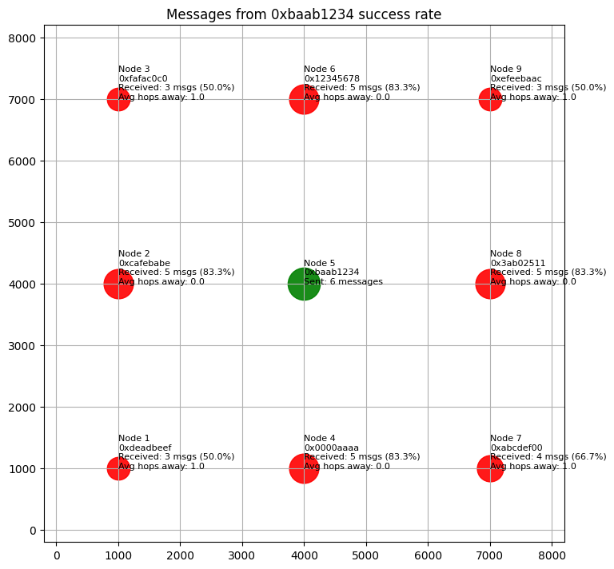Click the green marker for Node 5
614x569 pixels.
point(304,284)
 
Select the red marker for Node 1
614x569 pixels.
point(118,468)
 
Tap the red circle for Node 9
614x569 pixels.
point(490,99)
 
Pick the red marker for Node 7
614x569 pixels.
point(490,468)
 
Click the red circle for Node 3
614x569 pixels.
point(118,99)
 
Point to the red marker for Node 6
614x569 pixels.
point(304,99)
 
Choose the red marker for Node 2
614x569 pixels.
point(118,284)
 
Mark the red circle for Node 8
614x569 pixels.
point(490,284)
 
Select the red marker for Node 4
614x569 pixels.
point(304,468)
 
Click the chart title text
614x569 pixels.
point(304,14)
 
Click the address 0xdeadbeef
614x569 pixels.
point(145,448)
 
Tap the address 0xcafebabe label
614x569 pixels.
point(144,263)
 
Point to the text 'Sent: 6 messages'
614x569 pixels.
point(343,281)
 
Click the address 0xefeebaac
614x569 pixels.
point(516,78)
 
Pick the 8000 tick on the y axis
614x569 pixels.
point(26,38)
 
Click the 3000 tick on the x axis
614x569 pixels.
point(242,552)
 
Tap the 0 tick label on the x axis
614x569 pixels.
point(57,552)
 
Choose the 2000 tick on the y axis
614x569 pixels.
point(26,407)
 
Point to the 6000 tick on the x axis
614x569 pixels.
point(428,552)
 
